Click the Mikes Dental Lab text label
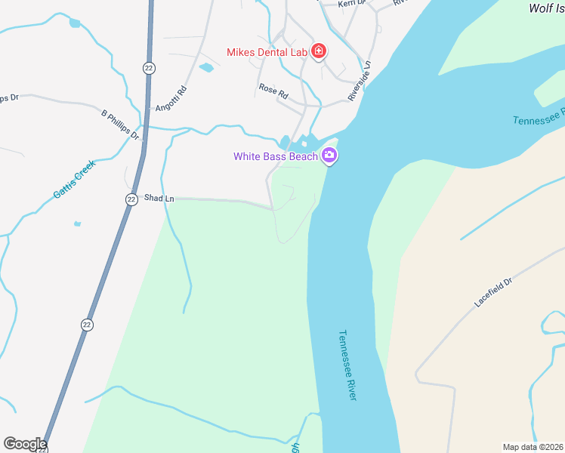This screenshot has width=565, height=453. point(267,52)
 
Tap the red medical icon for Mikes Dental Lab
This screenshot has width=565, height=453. point(319,51)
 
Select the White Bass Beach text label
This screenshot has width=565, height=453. point(275,156)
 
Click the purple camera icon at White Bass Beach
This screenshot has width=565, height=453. point(329,156)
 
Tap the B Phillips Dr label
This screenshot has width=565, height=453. point(121,125)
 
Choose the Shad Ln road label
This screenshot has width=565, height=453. point(159,199)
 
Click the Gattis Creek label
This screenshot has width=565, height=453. point(74,180)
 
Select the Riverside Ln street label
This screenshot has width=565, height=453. point(360,82)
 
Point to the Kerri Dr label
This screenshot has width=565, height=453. point(352,4)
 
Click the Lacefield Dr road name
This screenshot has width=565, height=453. point(493,291)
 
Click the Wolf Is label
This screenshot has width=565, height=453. point(546,8)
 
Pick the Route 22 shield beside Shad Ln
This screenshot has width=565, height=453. point(131,199)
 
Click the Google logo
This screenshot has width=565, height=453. point(25,444)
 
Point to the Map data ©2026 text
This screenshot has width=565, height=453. point(533,447)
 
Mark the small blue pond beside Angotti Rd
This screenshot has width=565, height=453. point(206,68)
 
